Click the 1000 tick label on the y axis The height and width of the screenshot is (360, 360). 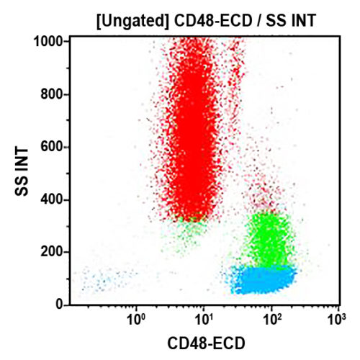[50, 41]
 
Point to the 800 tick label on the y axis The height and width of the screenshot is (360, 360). [53, 94]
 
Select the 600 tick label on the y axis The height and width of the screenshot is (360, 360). [53, 147]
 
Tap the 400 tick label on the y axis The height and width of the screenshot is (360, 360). [53, 199]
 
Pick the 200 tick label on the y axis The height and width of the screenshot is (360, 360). [53, 252]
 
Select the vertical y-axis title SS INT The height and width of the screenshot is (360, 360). [22, 173]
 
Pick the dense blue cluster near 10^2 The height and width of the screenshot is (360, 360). [263, 279]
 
